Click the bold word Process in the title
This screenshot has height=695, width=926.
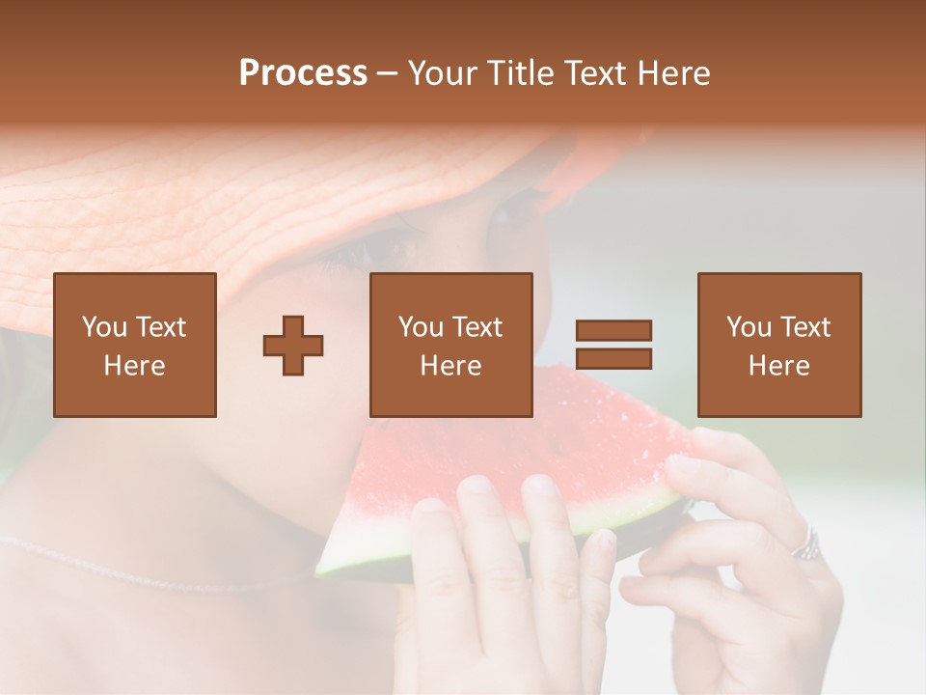pos(303,73)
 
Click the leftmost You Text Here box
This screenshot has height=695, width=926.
pos(135,345)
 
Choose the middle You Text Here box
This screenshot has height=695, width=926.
pos(450,345)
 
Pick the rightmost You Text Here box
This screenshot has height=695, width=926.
pos(778,345)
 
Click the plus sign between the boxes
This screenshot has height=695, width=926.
pos(293,345)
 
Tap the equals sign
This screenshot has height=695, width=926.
pos(613,345)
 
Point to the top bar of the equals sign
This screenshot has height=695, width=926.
pos(613,330)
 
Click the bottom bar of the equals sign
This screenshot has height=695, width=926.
pos(613,359)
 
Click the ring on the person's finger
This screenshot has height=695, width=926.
pos(805,546)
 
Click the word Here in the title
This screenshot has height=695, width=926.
pos(672,73)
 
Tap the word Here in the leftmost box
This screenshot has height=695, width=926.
pos(134,366)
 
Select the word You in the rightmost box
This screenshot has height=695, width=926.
pos(749,327)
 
